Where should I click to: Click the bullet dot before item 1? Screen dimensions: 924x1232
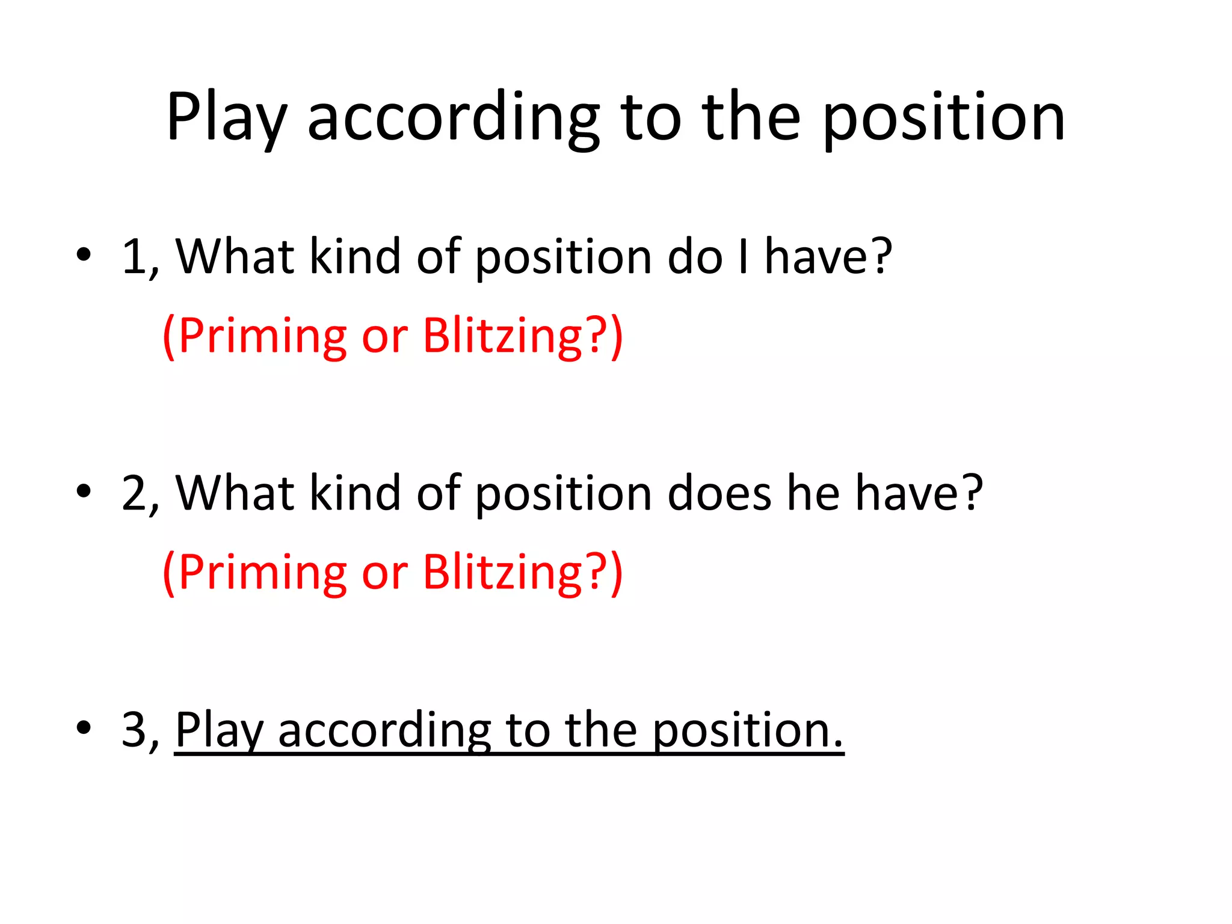(84, 255)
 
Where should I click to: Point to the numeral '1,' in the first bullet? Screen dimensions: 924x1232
(140, 257)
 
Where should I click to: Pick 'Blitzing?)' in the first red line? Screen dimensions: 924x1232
(523, 336)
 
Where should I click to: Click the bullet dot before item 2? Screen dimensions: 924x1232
(84, 491)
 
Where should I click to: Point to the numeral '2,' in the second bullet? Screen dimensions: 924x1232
(140, 493)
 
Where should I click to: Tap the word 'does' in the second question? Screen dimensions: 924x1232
(719, 493)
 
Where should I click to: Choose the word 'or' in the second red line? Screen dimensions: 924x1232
(384, 572)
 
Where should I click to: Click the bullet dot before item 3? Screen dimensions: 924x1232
(84, 728)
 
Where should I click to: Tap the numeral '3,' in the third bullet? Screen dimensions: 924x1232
(140, 730)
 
